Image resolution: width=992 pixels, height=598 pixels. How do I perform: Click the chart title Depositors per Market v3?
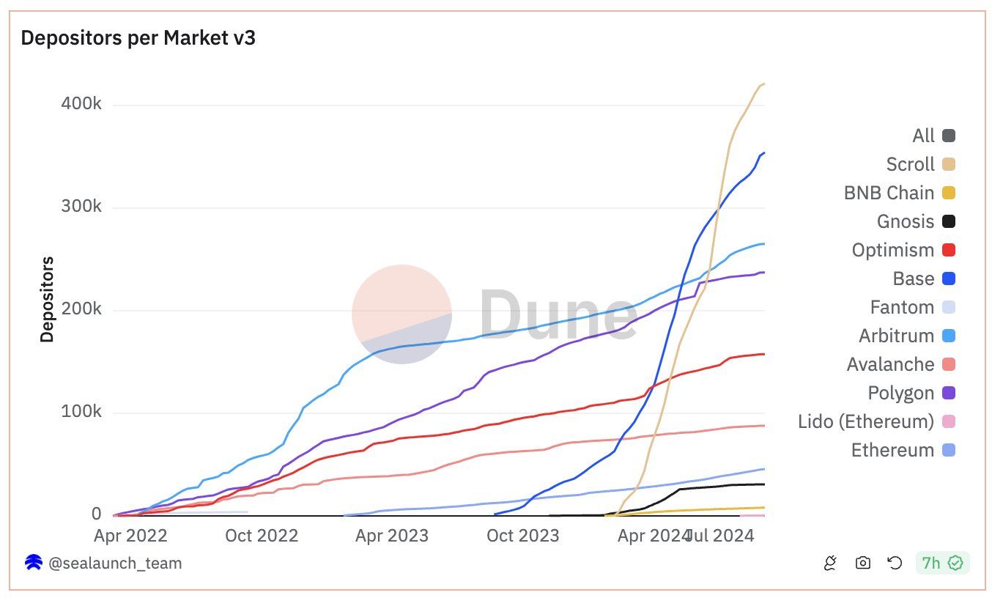coord(138,38)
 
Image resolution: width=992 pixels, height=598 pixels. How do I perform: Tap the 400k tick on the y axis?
coord(81,104)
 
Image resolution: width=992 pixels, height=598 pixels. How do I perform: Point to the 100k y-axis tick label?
coord(81,412)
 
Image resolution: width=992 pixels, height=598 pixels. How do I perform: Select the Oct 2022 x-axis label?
coord(262,536)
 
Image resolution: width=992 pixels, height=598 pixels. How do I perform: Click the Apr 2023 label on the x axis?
coord(392,536)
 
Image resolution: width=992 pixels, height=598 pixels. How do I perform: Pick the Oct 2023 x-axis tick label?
coord(522,536)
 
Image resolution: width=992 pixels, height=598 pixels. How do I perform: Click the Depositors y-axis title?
coord(48,299)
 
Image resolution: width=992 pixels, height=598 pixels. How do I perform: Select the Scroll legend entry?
coord(911,164)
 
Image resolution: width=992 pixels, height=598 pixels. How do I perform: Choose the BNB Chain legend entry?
coord(889,193)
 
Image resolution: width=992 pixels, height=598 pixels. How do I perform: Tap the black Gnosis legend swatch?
coord(949,221)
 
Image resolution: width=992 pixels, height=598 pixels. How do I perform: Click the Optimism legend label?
coord(893,250)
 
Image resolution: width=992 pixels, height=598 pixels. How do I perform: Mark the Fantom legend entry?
coord(902,307)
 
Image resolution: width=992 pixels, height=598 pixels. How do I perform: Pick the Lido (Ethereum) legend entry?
coord(866,421)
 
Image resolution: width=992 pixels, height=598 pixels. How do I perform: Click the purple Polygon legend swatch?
coord(949,393)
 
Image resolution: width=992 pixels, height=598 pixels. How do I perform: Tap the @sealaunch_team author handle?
coord(115,563)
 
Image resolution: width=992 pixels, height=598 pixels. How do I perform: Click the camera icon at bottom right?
coord(863,563)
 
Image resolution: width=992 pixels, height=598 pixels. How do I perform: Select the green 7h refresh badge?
coord(942,563)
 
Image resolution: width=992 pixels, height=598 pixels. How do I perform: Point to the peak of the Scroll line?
coord(763,84)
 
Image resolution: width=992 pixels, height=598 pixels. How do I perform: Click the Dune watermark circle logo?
coord(401,314)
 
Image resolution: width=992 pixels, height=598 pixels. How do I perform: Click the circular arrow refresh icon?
coord(895,563)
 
